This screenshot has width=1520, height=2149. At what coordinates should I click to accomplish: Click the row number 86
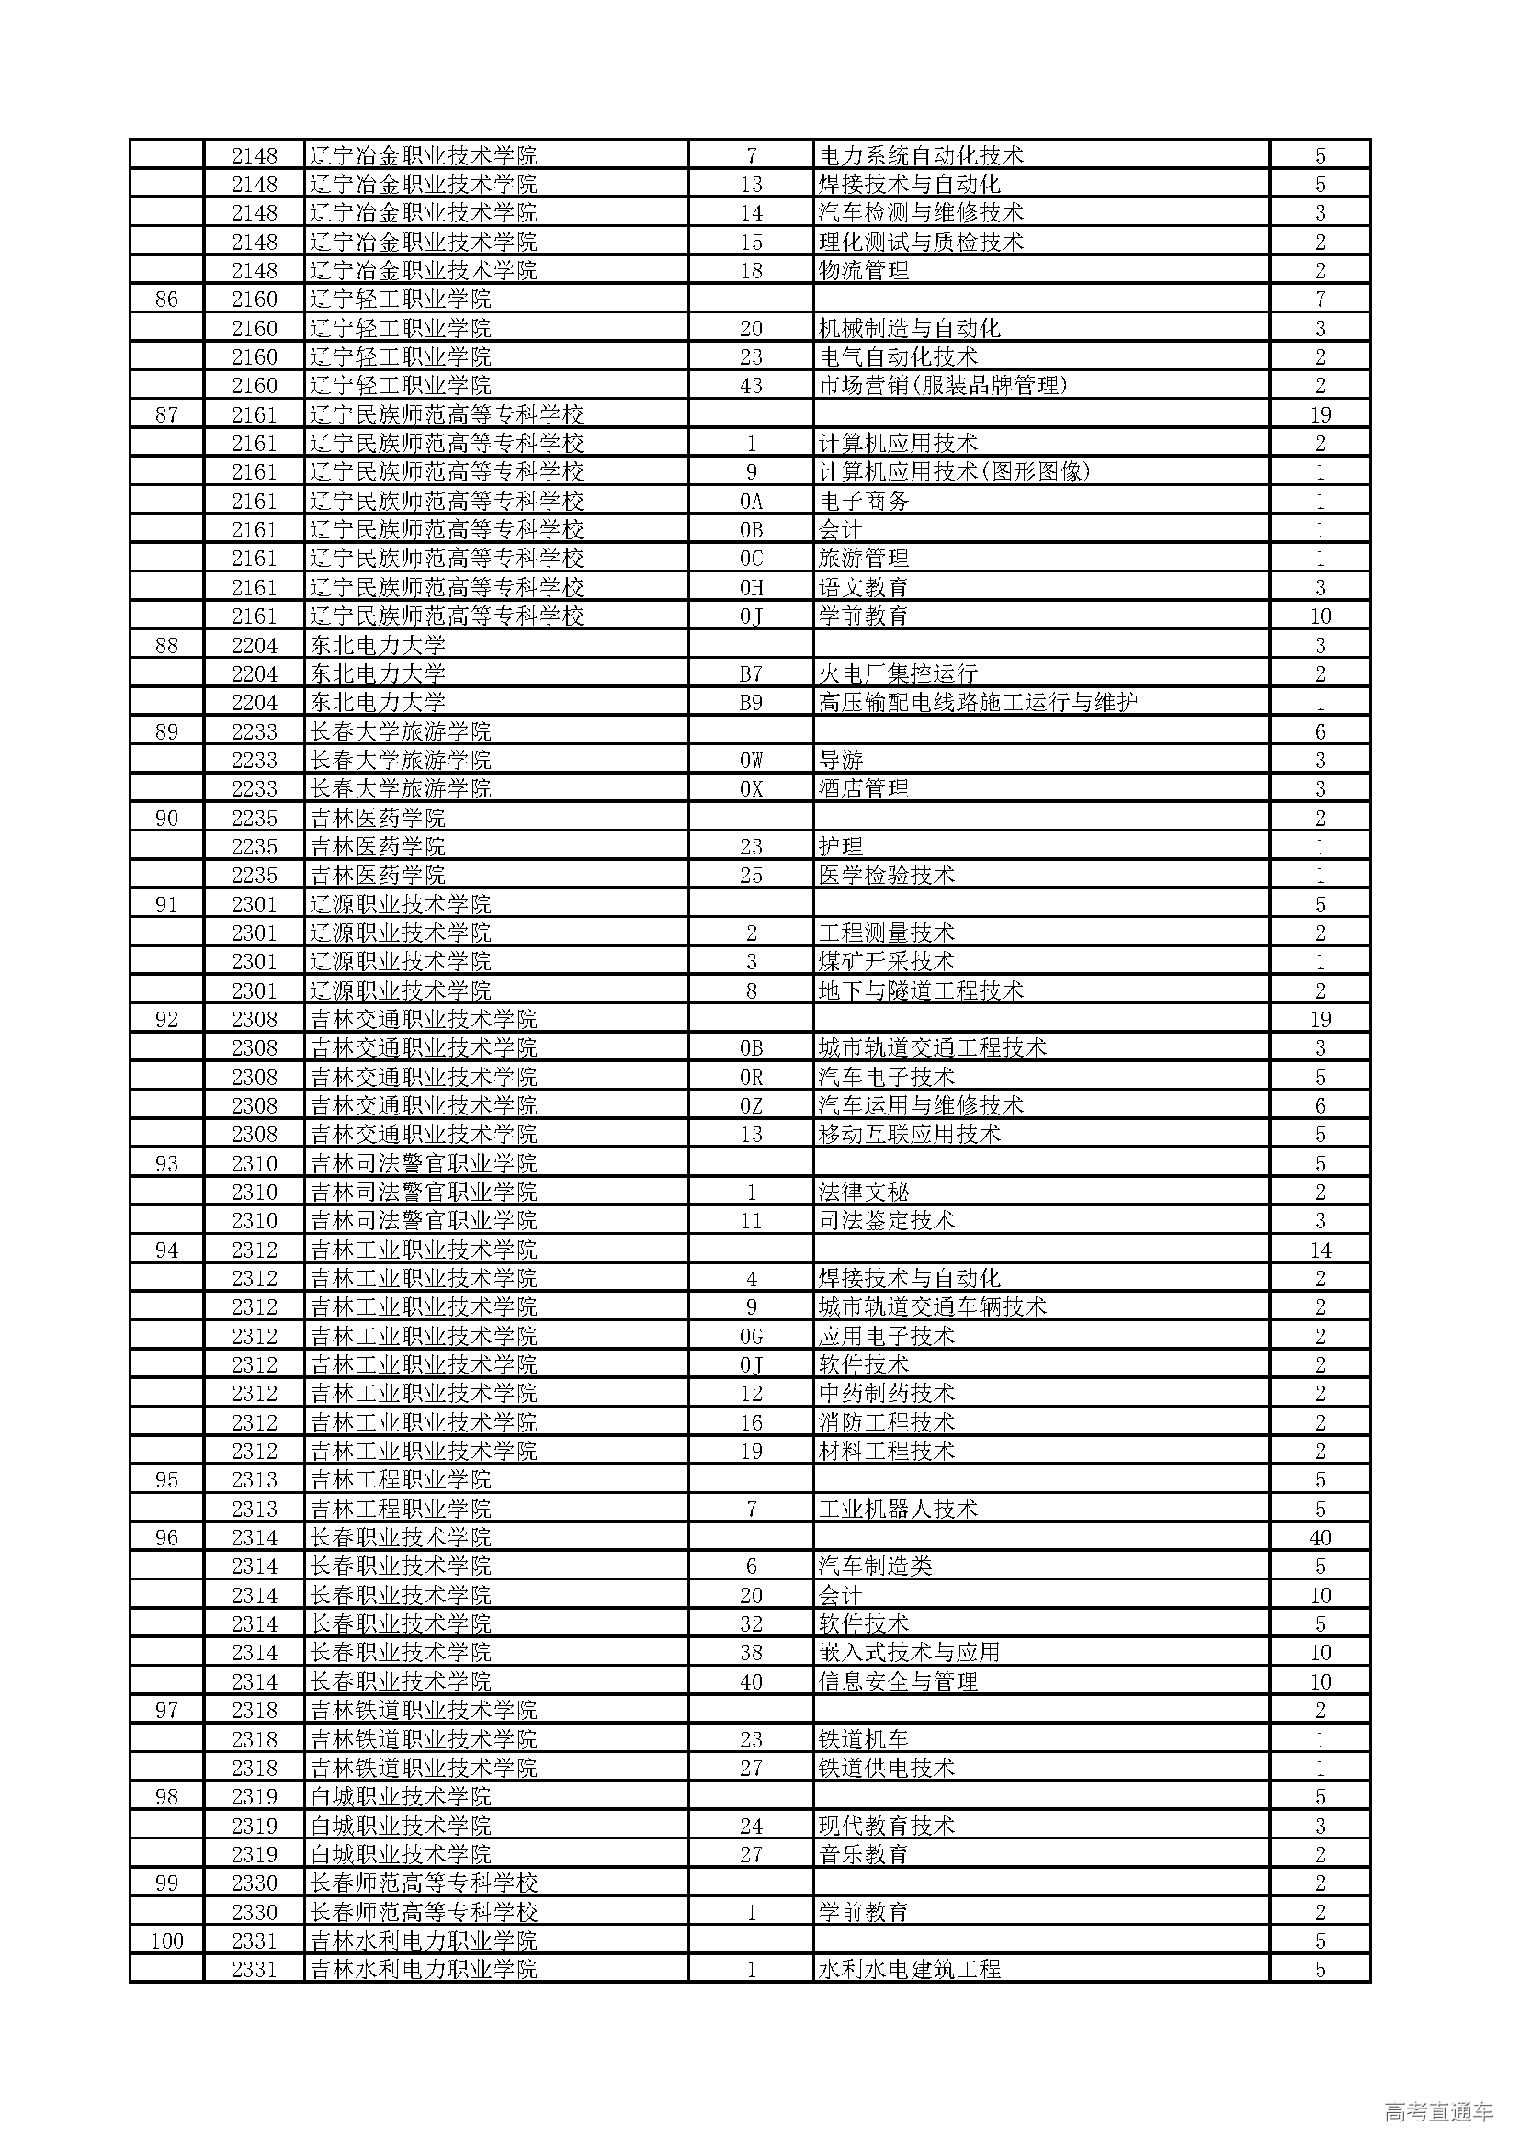166,300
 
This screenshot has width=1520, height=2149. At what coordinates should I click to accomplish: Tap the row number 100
166,1940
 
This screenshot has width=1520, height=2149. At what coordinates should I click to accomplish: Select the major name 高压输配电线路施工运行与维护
978,702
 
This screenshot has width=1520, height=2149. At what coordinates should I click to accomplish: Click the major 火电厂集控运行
898,673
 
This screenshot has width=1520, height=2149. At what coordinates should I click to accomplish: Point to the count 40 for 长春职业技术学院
1320,1538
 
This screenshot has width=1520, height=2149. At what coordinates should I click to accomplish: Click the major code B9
751,702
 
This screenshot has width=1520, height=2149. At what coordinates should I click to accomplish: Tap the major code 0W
751,760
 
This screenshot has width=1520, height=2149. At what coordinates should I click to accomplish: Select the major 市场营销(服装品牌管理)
943,386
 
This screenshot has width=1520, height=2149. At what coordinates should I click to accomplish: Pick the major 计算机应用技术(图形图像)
955,471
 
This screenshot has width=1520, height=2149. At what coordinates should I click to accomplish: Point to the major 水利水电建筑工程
909,1969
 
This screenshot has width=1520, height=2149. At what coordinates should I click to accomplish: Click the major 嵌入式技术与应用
909,1653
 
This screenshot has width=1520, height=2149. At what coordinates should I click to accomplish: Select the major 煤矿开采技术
886,961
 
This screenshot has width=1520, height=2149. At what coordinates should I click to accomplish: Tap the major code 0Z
751,1105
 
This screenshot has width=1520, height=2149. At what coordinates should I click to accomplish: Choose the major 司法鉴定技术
886,1220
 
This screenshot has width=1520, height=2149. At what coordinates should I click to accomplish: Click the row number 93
166,1163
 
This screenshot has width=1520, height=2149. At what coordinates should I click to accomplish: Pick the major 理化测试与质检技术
921,242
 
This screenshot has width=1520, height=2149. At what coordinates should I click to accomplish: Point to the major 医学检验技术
886,876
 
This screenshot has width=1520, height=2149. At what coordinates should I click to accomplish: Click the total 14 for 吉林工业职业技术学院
1320,1250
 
